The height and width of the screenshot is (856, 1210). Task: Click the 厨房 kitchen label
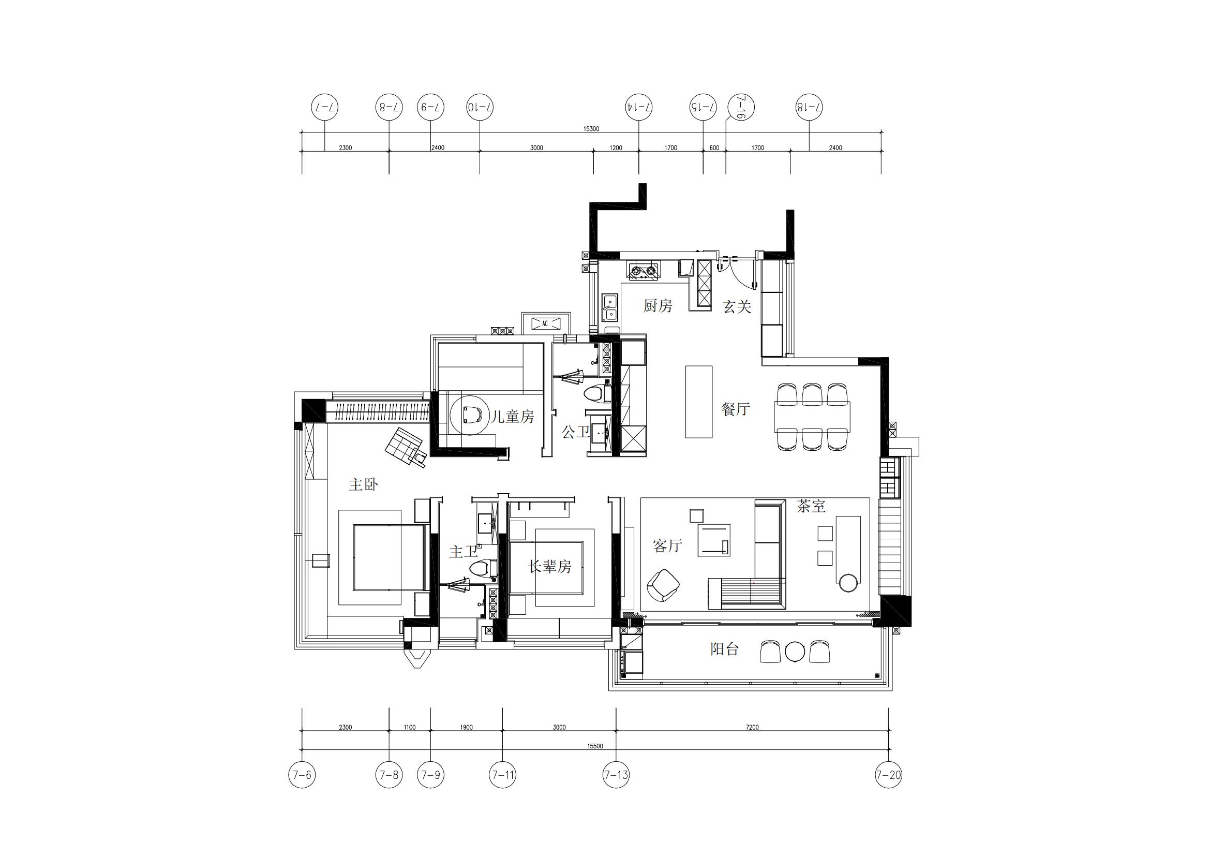658,306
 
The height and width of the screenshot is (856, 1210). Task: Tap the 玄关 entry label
737,306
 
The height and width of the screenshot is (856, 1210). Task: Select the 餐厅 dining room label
735,408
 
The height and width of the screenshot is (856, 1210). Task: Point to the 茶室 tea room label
811,506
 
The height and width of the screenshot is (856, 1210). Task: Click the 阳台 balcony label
725,649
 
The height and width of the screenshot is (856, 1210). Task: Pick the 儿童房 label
513,417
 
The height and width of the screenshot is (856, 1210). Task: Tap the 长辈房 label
550,567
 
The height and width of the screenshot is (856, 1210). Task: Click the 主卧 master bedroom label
363,484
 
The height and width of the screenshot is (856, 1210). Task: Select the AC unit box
545,323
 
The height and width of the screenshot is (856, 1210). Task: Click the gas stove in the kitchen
644,270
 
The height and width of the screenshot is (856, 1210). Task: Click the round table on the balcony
794,652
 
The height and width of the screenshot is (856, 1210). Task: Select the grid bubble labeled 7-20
889,775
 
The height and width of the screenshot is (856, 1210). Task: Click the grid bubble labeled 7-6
302,775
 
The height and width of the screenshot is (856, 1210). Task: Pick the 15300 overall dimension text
591,129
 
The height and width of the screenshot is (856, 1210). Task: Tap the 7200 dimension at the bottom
753,727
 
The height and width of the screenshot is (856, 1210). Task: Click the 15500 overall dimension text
595,746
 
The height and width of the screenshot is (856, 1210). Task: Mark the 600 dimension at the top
714,147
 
